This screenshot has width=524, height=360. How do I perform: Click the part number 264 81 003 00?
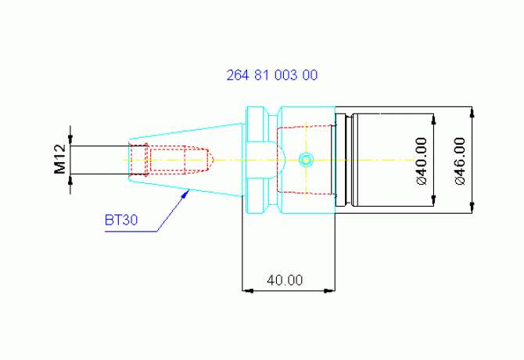pyautogui.click(x=272, y=75)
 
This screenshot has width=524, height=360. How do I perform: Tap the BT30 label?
pyautogui.click(x=121, y=220)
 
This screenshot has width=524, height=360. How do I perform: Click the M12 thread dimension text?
pyautogui.click(x=59, y=159)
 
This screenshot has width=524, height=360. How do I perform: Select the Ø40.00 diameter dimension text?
pyautogui.click(x=422, y=161)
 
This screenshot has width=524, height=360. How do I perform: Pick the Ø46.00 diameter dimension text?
pyautogui.click(x=460, y=161)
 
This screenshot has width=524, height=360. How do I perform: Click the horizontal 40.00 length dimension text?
pyautogui.click(x=285, y=280)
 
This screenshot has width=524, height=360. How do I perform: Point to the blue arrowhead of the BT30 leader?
pyautogui.click(x=185, y=194)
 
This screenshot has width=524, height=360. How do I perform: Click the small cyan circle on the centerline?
pyautogui.click(x=306, y=160)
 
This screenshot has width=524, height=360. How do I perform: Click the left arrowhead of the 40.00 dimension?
pyautogui.click(x=248, y=291)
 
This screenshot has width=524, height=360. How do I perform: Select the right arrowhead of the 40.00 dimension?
pyautogui.click(x=329, y=291)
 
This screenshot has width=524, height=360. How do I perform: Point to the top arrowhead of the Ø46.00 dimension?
pyautogui.click(x=472, y=113)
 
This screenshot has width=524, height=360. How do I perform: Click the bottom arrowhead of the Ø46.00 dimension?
pyautogui.click(x=472, y=207)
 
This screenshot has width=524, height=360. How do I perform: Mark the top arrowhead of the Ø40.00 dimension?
pyautogui.click(x=434, y=119)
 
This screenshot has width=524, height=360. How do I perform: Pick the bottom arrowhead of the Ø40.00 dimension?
pyautogui.click(x=434, y=200)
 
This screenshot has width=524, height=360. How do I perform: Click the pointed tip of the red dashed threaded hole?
pyautogui.click(x=214, y=160)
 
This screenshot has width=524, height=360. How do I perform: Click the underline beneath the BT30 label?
pyautogui.click(x=131, y=232)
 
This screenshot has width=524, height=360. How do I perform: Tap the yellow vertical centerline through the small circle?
pyautogui.click(x=306, y=159)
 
